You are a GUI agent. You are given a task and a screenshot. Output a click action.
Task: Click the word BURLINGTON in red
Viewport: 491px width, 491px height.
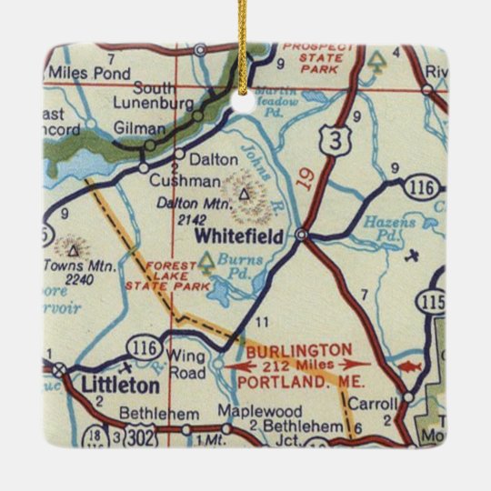pyautogui.click(x=297, y=349)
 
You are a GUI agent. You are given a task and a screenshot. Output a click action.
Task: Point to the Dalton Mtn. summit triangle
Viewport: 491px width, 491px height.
pyautogui.click(x=243, y=193)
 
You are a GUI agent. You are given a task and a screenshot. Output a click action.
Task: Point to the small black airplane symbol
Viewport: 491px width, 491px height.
pyautogui.click(x=415, y=254)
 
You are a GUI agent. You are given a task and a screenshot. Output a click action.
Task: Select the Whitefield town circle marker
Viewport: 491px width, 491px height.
pyautogui.click(x=302, y=235)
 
